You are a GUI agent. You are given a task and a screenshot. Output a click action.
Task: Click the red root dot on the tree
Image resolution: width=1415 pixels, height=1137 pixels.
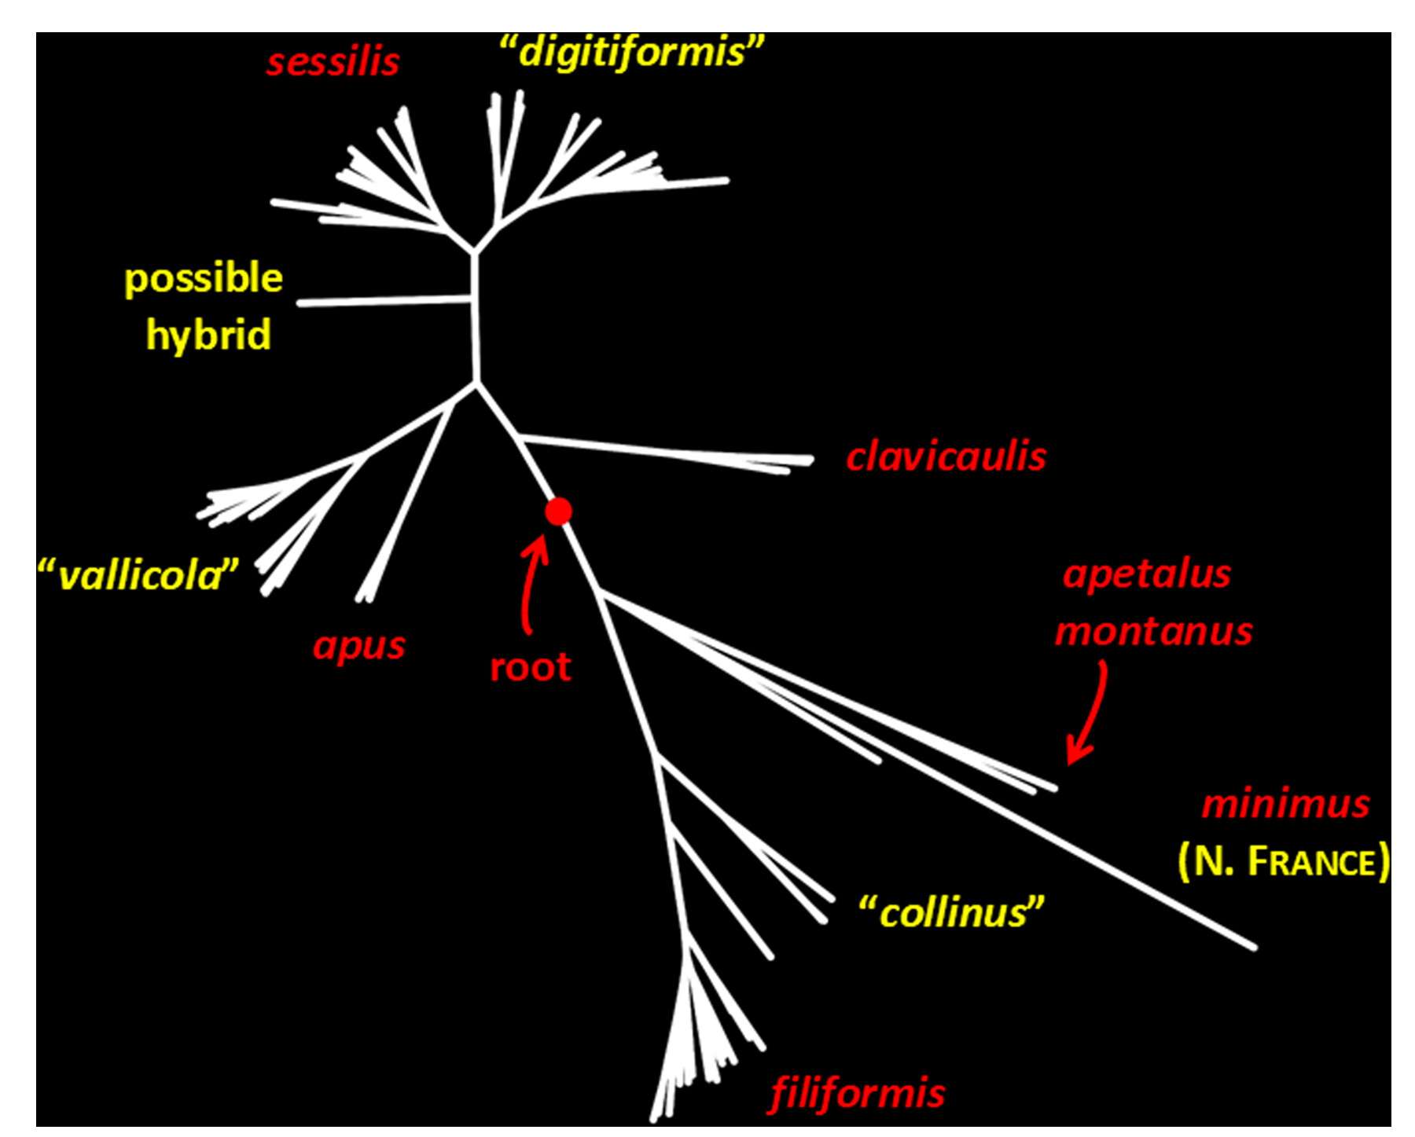tap(558, 512)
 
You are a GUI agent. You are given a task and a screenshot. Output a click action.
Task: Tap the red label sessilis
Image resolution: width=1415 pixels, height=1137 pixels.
tap(333, 62)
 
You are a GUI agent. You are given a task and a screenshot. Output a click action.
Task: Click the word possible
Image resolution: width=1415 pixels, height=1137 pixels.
tap(204, 279)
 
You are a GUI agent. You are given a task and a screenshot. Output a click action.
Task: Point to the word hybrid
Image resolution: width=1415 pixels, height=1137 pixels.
tap(208, 335)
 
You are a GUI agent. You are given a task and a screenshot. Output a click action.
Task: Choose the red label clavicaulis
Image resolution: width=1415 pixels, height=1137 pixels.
tap(946, 457)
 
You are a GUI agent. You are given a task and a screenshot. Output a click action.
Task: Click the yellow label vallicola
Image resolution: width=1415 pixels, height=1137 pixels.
tap(138, 575)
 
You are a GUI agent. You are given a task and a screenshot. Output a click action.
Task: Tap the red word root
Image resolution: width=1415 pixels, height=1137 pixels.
tap(531, 667)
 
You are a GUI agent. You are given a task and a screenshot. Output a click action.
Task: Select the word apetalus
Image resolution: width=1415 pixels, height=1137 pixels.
tap(1146, 574)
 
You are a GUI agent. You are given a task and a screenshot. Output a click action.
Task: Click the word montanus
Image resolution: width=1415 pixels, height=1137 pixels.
tap(1153, 631)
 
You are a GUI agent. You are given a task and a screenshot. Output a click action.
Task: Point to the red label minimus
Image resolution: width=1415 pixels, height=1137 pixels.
tap(1285, 804)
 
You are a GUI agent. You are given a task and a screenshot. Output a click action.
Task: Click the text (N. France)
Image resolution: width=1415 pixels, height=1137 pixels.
tap(1284, 861)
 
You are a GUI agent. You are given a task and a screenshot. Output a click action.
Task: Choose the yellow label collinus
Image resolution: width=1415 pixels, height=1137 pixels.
tap(951, 912)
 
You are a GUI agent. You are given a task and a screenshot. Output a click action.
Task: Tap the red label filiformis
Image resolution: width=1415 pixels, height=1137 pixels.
tap(857, 1093)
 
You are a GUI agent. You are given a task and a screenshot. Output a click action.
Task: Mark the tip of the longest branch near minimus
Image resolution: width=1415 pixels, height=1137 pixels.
tap(1255, 948)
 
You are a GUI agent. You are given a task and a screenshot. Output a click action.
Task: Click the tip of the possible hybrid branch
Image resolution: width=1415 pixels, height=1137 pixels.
tap(300, 303)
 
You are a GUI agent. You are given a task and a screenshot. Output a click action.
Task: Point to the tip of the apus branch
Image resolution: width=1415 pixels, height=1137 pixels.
tap(362, 600)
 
